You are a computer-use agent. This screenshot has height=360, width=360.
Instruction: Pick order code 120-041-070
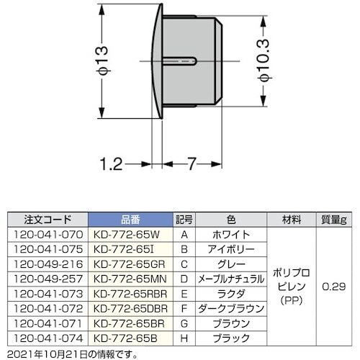[x=47, y=235]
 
